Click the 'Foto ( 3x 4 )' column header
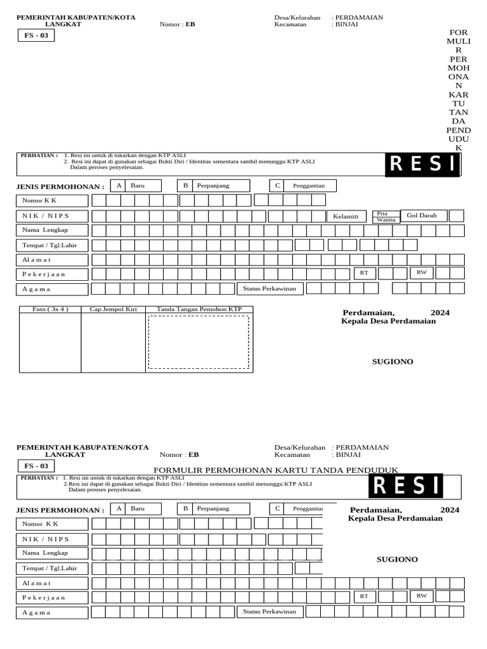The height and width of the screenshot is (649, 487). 50,309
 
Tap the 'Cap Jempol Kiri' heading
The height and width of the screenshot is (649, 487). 113,309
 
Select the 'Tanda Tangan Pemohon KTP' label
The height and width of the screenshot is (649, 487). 199,309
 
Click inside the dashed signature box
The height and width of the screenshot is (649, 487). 198,342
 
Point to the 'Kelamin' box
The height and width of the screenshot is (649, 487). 346,216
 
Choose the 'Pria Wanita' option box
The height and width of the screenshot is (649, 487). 386,217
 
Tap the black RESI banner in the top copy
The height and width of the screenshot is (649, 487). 422,164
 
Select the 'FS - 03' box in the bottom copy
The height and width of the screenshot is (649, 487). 36,466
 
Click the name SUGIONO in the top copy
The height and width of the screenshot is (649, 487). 392,361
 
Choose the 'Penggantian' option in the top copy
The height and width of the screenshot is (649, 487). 309,186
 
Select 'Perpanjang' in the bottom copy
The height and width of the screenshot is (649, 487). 213,508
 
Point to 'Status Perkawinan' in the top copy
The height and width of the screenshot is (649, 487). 271,288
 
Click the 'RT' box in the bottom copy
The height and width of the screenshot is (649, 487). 364,596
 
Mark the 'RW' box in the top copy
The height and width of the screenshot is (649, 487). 420,273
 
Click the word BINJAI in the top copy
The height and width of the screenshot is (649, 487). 347,25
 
